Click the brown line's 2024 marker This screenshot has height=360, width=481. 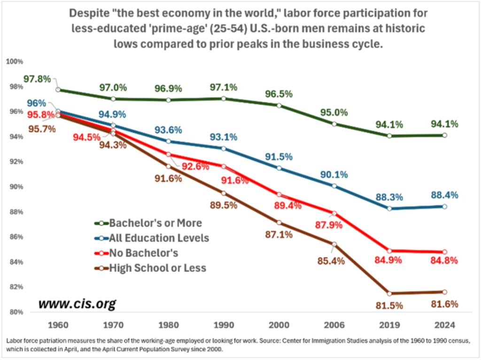tap(444, 292)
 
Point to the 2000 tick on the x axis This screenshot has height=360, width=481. tap(279, 324)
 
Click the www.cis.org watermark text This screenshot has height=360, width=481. tap(77, 304)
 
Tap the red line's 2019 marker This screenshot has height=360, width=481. tap(389, 251)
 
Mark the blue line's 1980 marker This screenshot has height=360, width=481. tap(169, 141)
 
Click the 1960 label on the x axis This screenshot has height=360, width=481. tap(58, 324)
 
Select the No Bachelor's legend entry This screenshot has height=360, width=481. tap(144, 253)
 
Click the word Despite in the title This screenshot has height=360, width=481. tap(93, 13)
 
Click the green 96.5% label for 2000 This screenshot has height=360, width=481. tap(279, 93)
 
